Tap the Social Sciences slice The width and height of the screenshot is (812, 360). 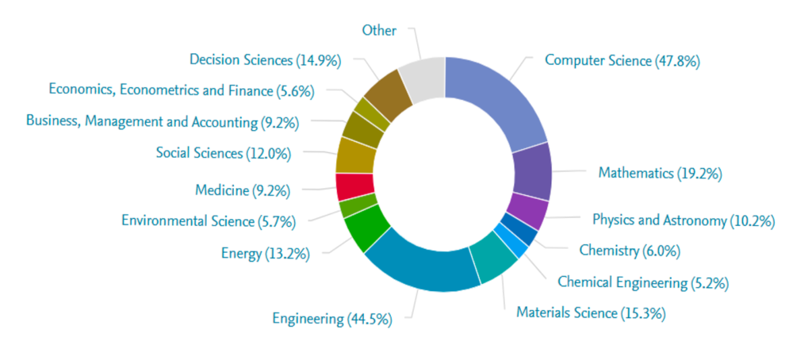tap(354, 154)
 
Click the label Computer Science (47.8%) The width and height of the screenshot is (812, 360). tap(622, 60)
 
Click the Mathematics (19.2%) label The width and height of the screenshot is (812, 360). tap(660, 172)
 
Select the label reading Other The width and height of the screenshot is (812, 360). tap(379, 30)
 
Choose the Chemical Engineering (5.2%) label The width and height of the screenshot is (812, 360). tap(643, 281)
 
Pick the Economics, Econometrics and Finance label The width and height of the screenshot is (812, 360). tap(182, 90)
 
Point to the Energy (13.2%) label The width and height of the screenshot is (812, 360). tap(265, 254)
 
